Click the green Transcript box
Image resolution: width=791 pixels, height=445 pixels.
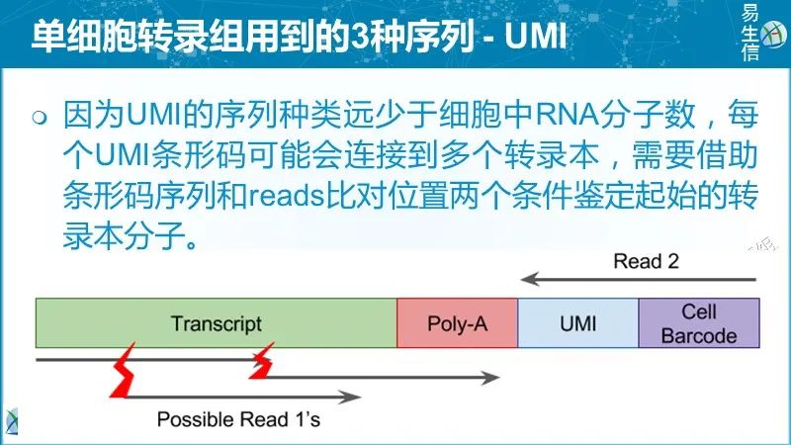[216, 323]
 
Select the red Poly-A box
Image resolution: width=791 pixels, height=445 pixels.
[457, 323]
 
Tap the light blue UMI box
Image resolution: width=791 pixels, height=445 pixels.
[577, 323]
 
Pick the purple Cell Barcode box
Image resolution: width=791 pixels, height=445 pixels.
[698, 323]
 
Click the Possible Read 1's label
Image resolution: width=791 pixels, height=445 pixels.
[238, 418]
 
